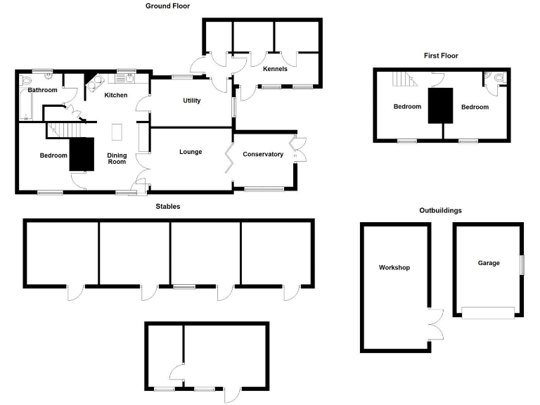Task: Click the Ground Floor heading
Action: (x=167, y=6)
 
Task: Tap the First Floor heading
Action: (x=441, y=56)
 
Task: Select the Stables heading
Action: (x=168, y=206)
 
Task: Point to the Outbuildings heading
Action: (x=440, y=210)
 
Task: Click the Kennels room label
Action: (x=275, y=69)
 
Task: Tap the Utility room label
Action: (x=191, y=101)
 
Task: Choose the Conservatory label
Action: (x=263, y=154)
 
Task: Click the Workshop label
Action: (x=394, y=268)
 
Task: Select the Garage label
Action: (x=489, y=263)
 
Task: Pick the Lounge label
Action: (x=191, y=152)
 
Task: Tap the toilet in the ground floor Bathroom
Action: (x=26, y=80)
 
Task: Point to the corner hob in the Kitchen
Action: (x=95, y=84)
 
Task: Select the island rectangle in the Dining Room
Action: (x=117, y=132)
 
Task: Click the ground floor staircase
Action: (x=64, y=130)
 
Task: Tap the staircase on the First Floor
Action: (x=405, y=79)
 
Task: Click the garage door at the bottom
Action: (x=488, y=313)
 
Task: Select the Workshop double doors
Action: (x=436, y=325)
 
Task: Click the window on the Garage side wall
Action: (x=522, y=265)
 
